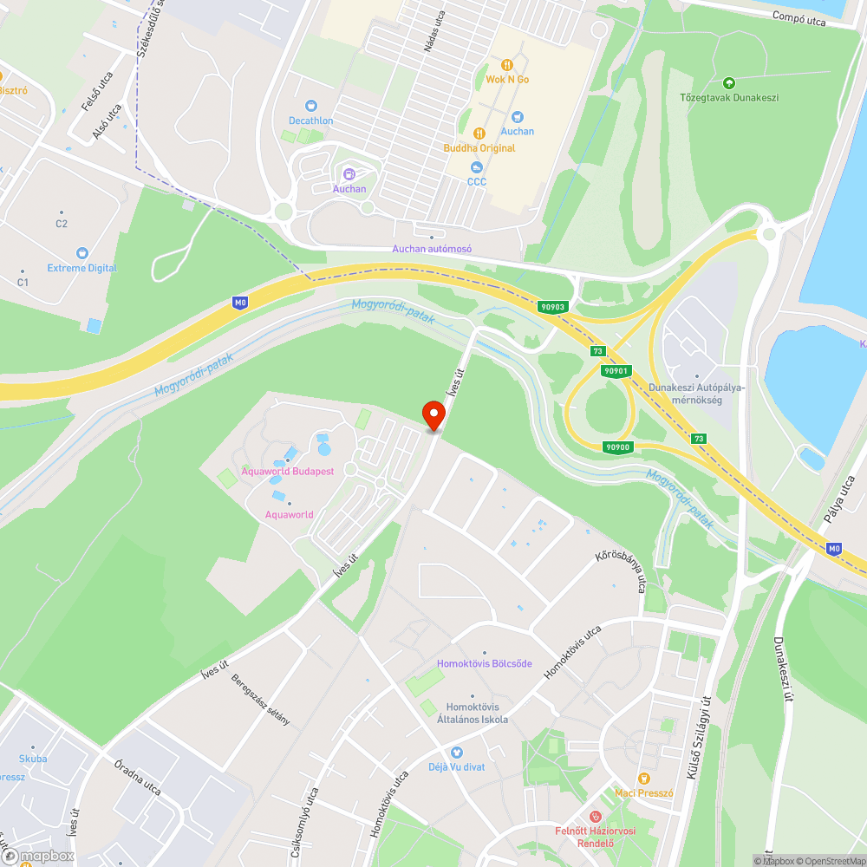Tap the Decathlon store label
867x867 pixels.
click(310, 121)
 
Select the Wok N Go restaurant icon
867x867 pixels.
click(507, 64)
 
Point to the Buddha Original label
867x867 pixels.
click(479, 148)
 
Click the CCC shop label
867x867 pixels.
click(477, 181)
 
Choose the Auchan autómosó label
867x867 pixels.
click(432, 249)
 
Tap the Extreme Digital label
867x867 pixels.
click(82, 268)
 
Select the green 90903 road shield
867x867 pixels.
click(552, 306)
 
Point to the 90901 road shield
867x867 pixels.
click(615, 371)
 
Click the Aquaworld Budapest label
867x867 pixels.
click(287, 471)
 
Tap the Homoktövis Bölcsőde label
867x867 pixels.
click(485, 663)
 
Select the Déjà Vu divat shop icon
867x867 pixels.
click(457, 753)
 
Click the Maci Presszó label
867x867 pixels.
click(643, 792)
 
